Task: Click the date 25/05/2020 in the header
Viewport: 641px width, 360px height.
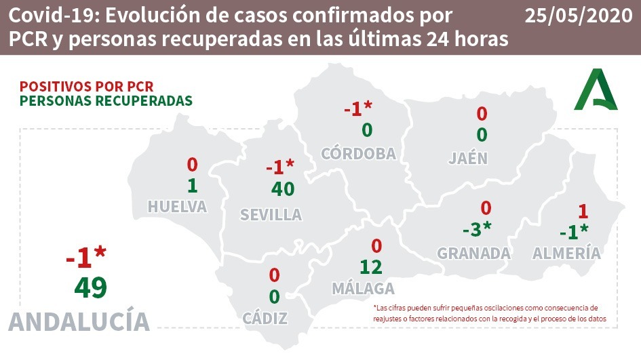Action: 578,16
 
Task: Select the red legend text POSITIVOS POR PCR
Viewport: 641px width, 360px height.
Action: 87,86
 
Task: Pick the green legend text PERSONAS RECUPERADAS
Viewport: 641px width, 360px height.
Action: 106,100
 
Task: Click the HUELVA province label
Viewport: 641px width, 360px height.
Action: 178,207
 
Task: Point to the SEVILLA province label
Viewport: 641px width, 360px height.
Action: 271,215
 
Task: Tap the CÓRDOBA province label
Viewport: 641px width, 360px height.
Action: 358,153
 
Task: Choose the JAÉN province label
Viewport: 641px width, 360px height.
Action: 468,159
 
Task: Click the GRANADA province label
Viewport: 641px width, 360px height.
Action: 473,254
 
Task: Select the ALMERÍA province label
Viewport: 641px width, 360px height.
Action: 566,254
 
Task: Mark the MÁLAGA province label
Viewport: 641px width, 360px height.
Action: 363,288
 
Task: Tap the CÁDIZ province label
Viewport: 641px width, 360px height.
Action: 265,318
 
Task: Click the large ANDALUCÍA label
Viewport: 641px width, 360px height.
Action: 79,321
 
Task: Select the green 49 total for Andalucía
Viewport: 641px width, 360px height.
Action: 90,287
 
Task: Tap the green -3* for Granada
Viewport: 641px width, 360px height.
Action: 476,231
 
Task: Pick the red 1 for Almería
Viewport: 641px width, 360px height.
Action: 581,211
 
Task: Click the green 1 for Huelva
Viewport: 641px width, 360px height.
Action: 192,185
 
